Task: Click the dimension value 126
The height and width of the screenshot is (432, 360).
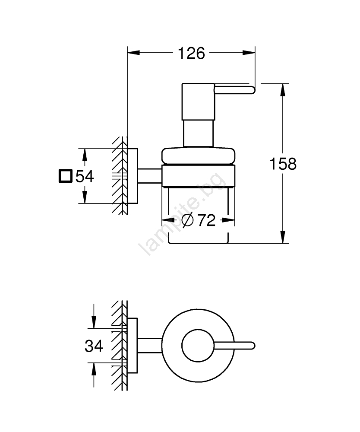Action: (x=191, y=54)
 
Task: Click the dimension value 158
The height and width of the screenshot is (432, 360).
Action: (x=283, y=164)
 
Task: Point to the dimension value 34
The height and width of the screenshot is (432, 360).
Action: (x=94, y=346)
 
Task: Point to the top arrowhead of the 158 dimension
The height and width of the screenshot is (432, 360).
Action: (x=283, y=90)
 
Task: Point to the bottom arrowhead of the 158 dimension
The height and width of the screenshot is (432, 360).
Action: (x=283, y=237)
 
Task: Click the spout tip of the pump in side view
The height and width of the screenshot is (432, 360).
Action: (x=252, y=90)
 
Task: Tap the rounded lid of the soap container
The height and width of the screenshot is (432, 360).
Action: (x=199, y=155)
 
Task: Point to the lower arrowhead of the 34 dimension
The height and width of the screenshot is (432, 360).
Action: (x=94, y=368)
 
